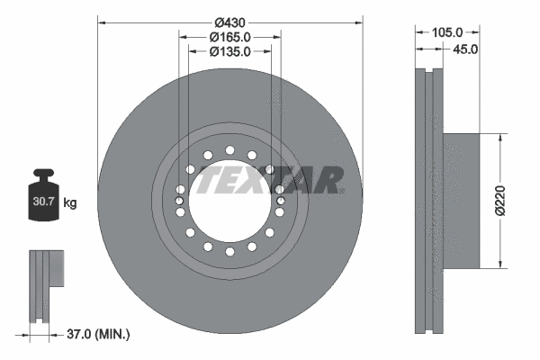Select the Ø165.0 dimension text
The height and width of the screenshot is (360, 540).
point(229,37)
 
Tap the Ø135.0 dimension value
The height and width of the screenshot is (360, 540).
point(229,51)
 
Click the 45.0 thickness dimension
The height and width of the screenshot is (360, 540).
point(465,49)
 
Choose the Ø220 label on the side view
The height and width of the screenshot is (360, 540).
point(509,200)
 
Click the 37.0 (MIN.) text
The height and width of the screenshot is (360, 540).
point(100,334)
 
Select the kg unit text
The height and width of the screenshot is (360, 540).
point(71,203)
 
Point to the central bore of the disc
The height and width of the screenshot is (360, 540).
point(229,200)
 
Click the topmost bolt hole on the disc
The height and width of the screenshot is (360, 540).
point(229,149)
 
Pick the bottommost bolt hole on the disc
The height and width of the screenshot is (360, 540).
point(229,251)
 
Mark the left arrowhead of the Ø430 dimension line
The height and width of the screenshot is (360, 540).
point(101,21)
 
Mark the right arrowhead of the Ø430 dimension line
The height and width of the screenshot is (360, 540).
point(359,21)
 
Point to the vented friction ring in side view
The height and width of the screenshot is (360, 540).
point(427,200)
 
